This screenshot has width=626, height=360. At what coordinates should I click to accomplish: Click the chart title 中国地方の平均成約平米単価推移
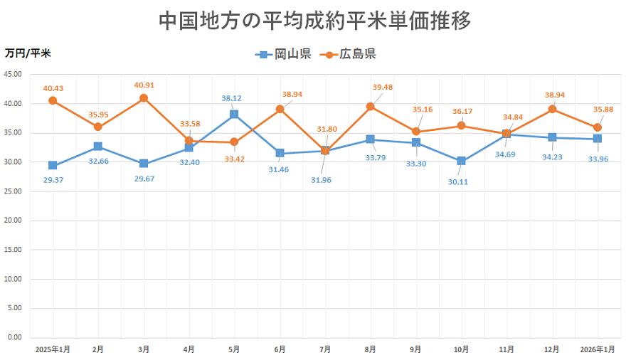[x=314, y=20]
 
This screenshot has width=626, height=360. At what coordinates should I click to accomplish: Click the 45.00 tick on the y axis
[x=14, y=75]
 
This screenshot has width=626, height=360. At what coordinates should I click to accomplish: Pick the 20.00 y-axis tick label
[x=14, y=221]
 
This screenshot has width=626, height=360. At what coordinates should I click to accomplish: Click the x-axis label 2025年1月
[x=53, y=349]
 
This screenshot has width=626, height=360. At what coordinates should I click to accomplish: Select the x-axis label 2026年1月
[x=597, y=349]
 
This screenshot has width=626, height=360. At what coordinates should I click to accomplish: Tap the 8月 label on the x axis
[x=370, y=349]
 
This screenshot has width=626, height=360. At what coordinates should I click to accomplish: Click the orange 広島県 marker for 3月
[x=144, y=98]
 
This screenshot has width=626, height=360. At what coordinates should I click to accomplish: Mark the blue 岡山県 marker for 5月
[x=234, y=115]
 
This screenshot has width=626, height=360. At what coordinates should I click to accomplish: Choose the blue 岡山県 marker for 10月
[x=461, y=161]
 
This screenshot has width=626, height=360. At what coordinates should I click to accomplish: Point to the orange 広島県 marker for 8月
[x=370, y=107]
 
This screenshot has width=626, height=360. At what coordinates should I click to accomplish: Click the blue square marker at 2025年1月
[x=53, y=165]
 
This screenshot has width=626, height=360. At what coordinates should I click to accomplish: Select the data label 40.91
[x=144, y=85]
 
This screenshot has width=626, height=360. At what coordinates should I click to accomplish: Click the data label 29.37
[x=53, y=181]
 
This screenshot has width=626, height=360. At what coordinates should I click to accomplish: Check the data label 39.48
[x=383, y=88]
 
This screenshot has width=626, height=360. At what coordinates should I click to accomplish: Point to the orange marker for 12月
[x=552, y=110]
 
